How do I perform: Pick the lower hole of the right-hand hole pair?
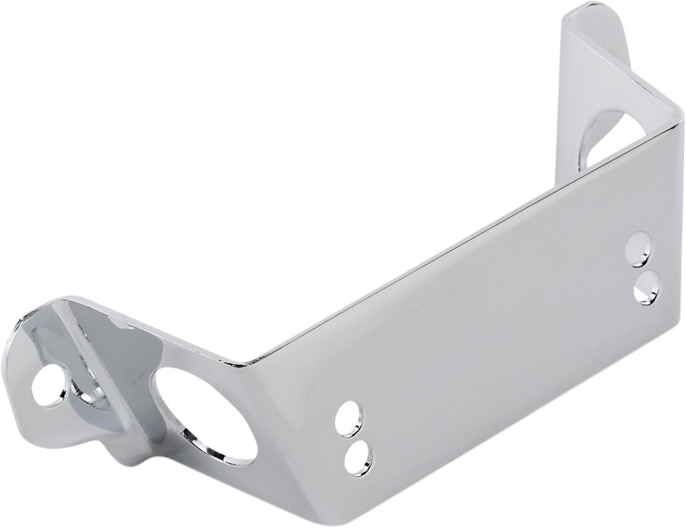pos(646,286)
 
